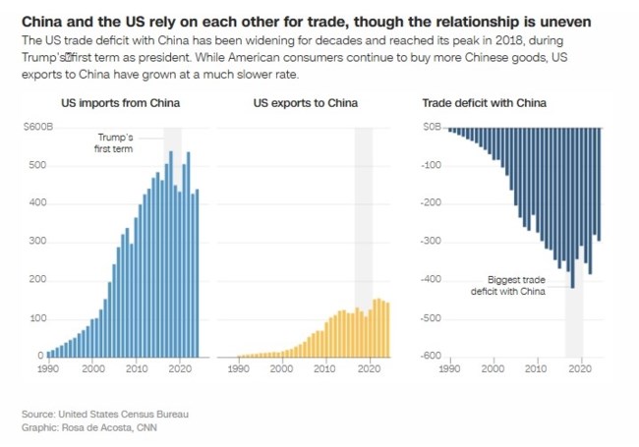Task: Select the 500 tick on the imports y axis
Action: (x=35, y=166)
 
